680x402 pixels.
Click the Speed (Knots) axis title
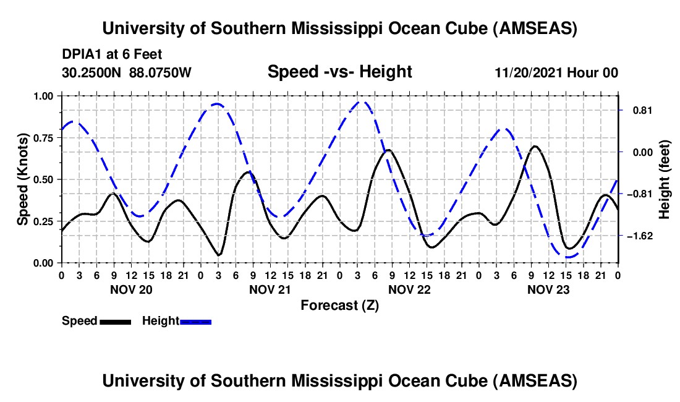click(23, 179)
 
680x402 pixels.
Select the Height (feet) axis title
click(665, 179)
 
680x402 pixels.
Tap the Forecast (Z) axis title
click(339, 305)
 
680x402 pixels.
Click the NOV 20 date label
click(132, 289)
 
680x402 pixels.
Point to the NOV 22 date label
click(409, 289)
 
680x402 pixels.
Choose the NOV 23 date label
click(548, 289)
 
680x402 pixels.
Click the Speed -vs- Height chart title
click(339, 72)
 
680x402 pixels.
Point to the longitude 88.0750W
click(161, 73)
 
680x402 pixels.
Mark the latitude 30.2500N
click(92, 73)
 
